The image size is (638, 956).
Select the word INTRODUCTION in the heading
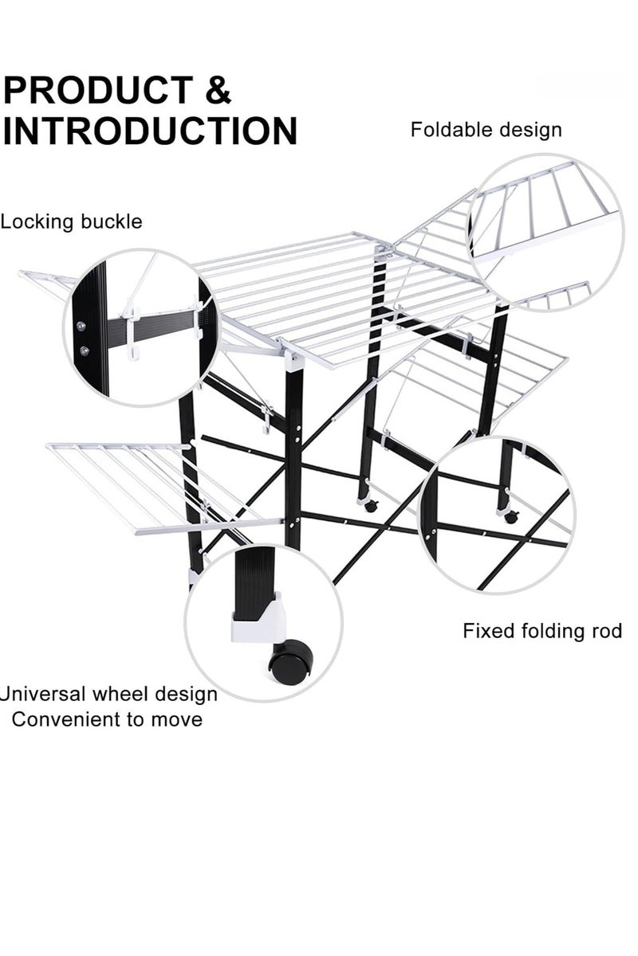(x=150, y=130)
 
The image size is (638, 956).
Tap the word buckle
(x=107, y=221)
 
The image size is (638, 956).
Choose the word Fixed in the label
(x=488, y=631)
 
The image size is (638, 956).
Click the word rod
(x=605, y=631)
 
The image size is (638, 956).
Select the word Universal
(x=43, y=694)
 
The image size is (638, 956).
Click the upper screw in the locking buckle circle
(x=81, y=326)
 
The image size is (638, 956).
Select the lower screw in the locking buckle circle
(x=85, y=351)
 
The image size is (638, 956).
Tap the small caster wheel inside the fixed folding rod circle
(x=511, y=517)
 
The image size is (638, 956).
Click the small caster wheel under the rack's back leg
(x=371, y=506)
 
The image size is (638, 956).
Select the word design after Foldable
(x=526, y=131)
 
